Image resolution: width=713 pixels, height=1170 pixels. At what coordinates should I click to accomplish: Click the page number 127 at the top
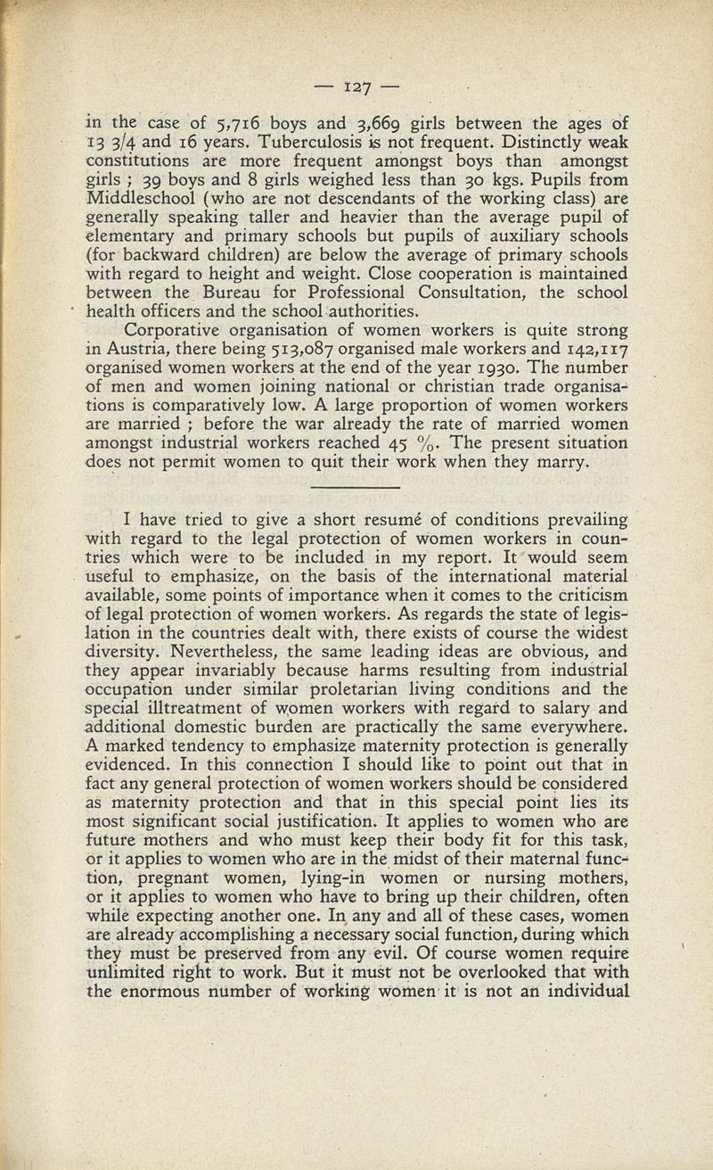(356, 87)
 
